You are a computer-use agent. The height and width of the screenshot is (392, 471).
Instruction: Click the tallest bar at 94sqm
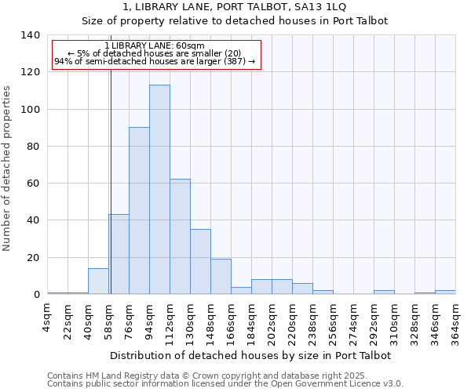point(159,190)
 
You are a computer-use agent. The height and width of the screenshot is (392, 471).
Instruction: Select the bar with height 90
point(139,211)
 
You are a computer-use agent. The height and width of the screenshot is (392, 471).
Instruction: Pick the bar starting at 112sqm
point(180,237)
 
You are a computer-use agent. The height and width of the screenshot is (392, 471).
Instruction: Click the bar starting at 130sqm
point(200,262)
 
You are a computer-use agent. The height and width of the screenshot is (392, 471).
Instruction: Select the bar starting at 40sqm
point(98,281)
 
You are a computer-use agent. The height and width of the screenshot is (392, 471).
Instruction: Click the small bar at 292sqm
point(384,292)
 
